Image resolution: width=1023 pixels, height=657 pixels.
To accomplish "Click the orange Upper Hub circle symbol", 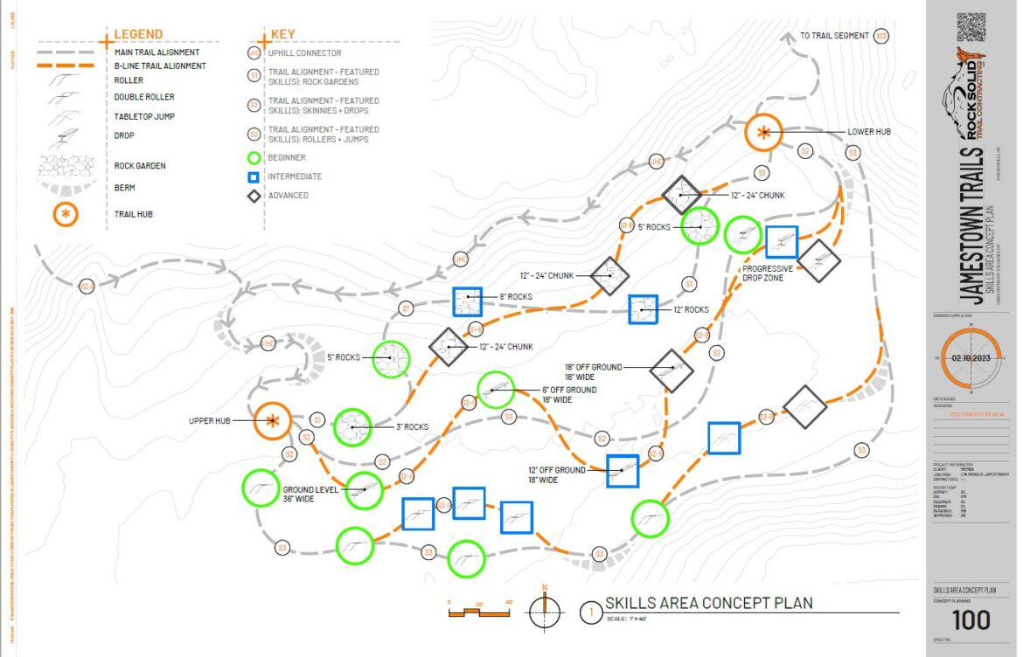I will coord(273,421).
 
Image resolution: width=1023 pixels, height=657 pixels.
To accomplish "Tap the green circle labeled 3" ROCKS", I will coord(353,427).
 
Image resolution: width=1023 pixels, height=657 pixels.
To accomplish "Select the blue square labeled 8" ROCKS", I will coord(468,301).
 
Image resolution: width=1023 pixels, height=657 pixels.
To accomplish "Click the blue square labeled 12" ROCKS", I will coord(643,308).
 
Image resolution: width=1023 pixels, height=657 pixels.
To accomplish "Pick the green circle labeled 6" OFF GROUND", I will coord(497,390).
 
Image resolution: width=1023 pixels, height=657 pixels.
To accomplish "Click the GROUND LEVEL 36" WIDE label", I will coord(310,495).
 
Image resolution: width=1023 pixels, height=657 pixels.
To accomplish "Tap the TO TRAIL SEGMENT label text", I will coord(834,36).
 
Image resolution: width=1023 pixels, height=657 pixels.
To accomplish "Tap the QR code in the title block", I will coord(971,27).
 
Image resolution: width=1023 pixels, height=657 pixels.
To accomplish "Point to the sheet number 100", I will coord(971,619).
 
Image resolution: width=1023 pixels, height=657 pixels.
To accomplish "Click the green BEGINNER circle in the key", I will coord(254,158).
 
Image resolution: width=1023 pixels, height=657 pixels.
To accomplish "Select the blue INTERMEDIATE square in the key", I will coord(254,176).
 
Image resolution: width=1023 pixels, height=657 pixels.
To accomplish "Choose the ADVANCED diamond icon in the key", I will coord(254,196).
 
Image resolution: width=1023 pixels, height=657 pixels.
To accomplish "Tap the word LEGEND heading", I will coord(138,34).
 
